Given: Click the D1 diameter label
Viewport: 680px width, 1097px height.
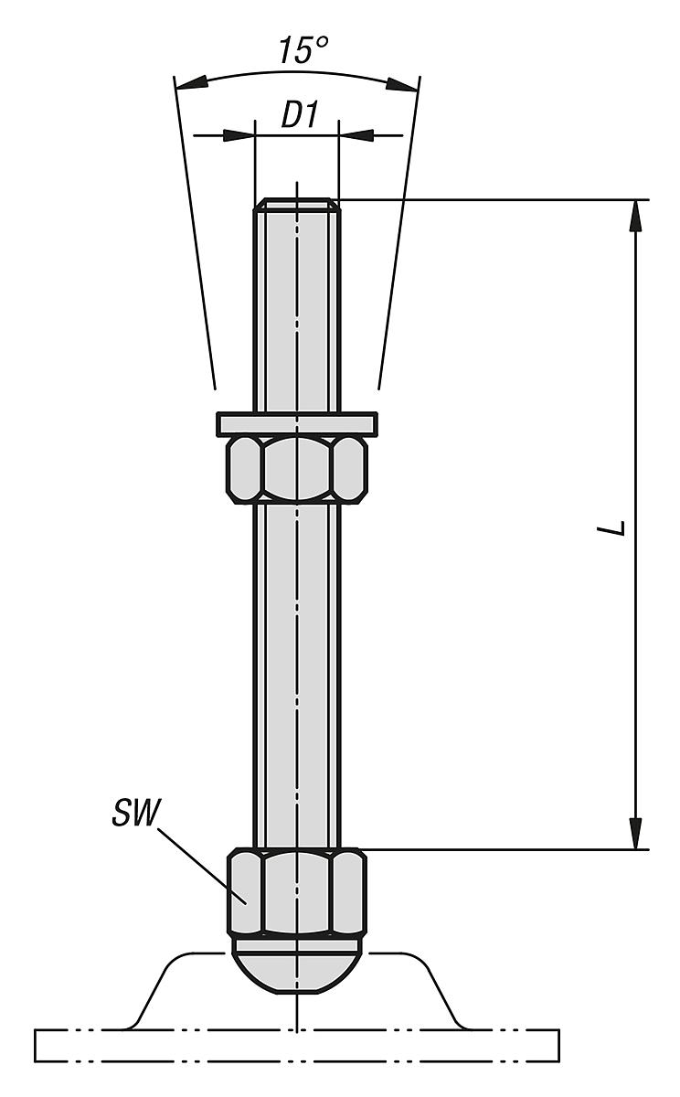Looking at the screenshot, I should click(297, 116).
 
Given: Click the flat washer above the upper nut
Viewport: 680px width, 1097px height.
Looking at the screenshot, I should click(297, 423).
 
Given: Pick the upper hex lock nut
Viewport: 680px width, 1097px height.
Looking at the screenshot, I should click(297, 467).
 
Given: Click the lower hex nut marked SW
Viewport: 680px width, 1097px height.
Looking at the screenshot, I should click(297, 891).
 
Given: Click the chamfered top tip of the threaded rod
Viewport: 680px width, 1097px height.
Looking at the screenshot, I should click(297, 205).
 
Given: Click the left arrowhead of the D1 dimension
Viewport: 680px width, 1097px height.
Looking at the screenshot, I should click(239, 135).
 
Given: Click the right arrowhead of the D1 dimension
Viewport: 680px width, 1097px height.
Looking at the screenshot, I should click(356, 135).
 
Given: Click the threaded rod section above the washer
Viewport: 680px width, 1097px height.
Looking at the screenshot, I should click(297, 311).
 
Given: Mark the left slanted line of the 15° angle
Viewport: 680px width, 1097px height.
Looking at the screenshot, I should click(194, 238).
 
